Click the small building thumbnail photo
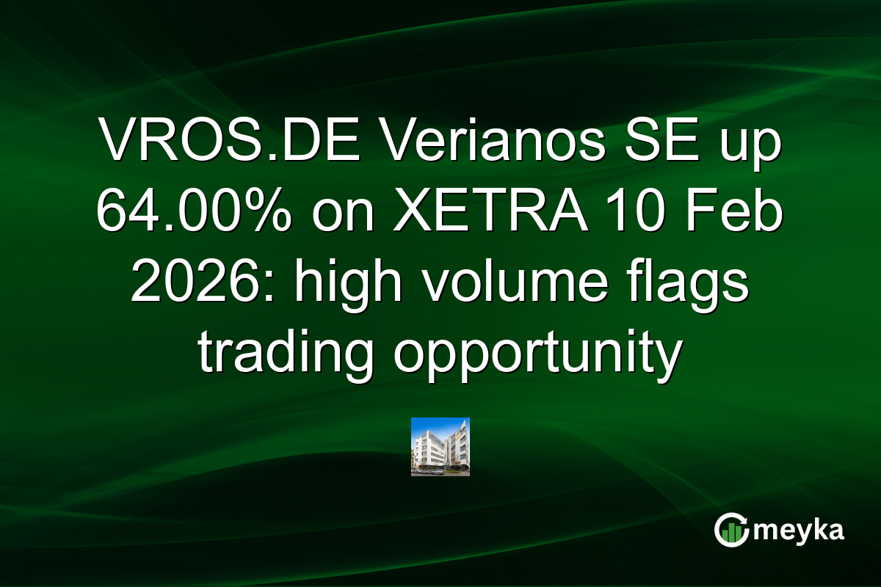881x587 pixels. pyautogui.click(x=440, y=447)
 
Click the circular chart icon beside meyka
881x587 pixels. pyautogui.click(x=732, y=531)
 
